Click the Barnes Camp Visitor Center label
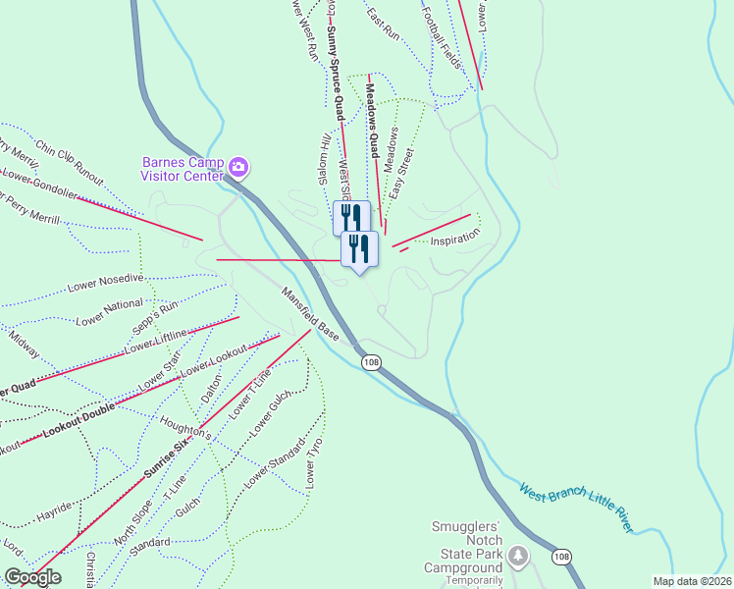(x=183, y=169)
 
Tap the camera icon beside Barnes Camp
(x=237, y=169)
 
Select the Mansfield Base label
(x=310, y=314)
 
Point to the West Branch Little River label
(x=575, y=508)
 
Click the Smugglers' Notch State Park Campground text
(x=467, y=547)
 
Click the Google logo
(x=32, y=577)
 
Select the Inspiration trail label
(x=455, y=238)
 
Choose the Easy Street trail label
(x=401, y=171)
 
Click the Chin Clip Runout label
(x=69, y=163)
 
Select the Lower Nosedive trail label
(x=105, y=284)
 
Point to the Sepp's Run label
(x=156, y=307)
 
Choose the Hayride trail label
(x=53, y=513)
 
